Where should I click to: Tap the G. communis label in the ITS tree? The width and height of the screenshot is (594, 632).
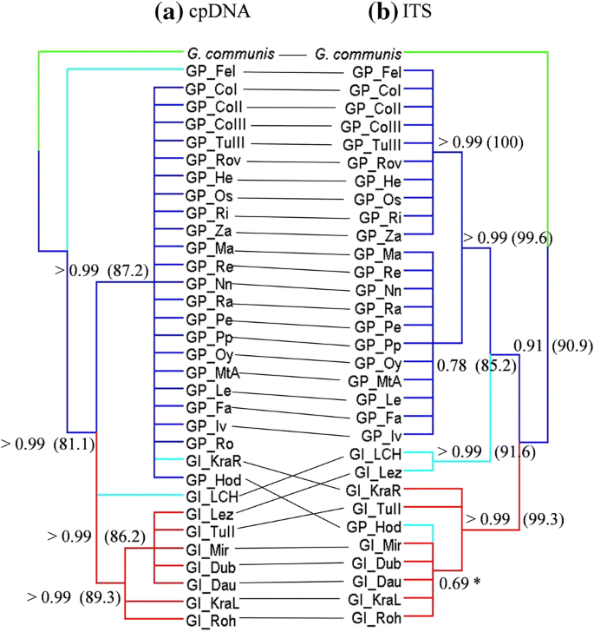tap(357, 54)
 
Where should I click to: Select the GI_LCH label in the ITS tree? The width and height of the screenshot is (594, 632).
tap(376, 455)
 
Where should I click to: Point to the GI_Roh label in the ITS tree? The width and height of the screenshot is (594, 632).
tap(375, 618)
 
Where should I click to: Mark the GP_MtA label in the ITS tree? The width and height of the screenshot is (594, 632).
tap(374, 380)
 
